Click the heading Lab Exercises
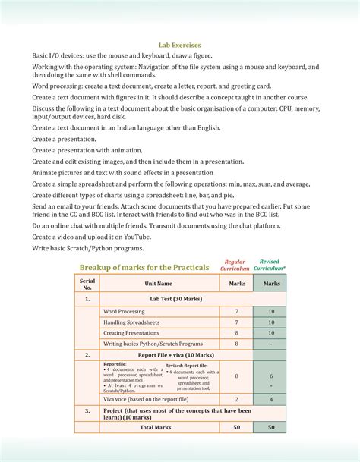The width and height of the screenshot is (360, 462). (x=180, y=45)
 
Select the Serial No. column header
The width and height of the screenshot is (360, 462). (x=87, y=283)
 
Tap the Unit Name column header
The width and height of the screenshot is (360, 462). (x=159, y=284)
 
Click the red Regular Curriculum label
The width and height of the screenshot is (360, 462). (x=235, y=265)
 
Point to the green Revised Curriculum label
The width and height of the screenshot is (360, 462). (x=269, y=265)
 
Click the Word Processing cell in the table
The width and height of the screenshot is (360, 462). (x=125, y=312)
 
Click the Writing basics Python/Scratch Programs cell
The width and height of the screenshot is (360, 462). (x=153, y=344)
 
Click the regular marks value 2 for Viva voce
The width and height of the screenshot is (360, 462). (x=236, y=398)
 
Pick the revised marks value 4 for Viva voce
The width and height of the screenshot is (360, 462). (x=270, y=398)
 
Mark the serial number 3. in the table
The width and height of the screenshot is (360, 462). (x=87, y=410)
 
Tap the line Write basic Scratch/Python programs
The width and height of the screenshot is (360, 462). (x=87, y=248)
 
